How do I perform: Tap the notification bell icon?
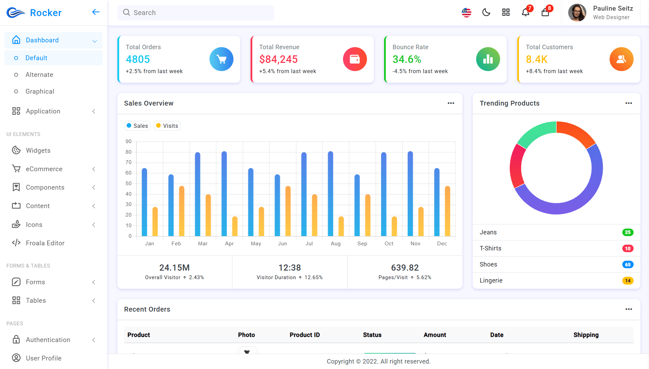(x=525, y=13)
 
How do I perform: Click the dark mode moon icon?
(x=486, y=13)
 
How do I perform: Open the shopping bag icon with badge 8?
(x=545, y=13)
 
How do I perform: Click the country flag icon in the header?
(x=467, y=13)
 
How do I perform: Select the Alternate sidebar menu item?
(x=39, y=74)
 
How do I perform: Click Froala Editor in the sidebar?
(x=45, y=243)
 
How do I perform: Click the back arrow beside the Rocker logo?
(x=96, y=12)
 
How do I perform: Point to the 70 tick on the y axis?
(x=128, y=162)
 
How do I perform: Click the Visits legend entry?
(x=167, y=126)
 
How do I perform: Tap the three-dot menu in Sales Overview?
(x=451, y=103)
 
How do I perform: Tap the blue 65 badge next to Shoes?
(x=627, y=264)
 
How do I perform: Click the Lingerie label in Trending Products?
(x=491, y=281)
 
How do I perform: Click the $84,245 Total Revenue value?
(x=278, y=59)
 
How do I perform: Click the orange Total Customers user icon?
(x=621, y=59)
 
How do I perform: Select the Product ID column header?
(x=305, y=335)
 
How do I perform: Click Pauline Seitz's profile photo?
(x=577, y=13)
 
